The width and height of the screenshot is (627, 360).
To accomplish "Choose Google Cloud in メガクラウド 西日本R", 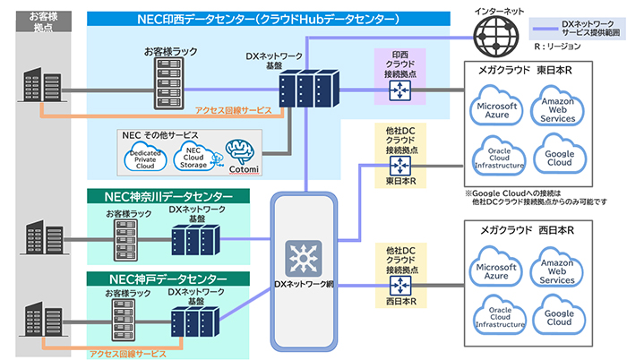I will (558, 318).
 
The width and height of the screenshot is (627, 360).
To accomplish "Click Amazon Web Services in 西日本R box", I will (558, 271).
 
